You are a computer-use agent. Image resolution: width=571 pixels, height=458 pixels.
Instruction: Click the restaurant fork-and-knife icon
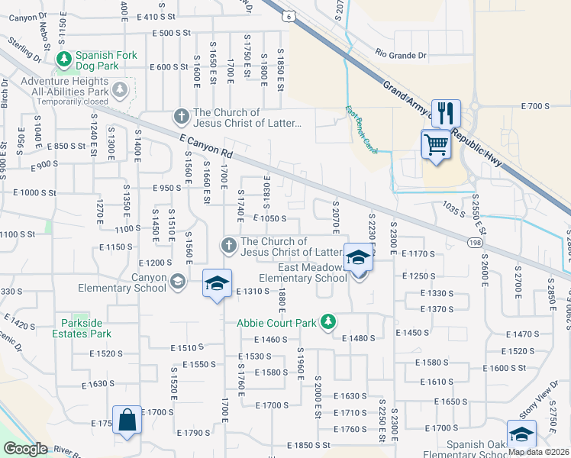point(444,113)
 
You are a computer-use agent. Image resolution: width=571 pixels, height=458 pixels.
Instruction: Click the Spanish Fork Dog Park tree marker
point(66,57)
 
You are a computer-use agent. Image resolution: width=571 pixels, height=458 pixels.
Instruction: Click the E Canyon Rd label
point(205,147)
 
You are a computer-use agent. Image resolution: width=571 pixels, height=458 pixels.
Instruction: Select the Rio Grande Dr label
point(401,55)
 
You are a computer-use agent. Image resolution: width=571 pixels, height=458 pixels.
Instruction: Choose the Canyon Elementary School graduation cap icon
point(177,282)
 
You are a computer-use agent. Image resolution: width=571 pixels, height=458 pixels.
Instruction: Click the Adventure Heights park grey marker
point(120,91)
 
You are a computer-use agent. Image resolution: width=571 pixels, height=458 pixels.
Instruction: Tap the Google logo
point(25,449)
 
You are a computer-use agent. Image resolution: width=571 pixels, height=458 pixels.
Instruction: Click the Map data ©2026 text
point(537,452)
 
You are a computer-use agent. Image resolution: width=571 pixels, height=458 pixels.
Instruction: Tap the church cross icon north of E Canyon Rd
point(181,117)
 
